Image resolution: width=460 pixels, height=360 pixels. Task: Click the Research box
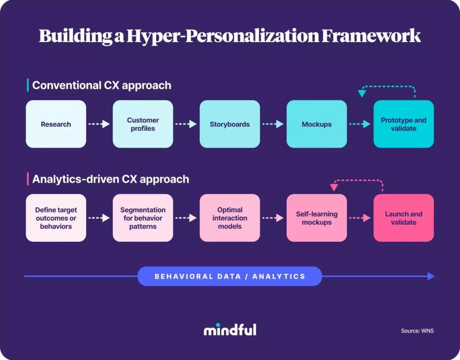pos(56,124)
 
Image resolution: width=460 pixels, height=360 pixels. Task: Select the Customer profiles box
pos(143,124)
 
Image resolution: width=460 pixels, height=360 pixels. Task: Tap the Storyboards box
pos(230,124)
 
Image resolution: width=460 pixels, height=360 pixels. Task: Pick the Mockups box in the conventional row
pos(317,124)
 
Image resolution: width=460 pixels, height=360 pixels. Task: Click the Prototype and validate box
pos(404,124)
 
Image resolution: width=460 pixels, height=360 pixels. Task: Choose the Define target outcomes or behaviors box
pos(56,218)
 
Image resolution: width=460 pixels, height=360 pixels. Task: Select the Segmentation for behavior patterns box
pos(143,218)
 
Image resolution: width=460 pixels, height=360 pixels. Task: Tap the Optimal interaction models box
pos(230,218)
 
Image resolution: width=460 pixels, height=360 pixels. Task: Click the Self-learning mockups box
pos(317,218)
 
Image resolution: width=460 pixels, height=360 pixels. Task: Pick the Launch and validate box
pos(404,218)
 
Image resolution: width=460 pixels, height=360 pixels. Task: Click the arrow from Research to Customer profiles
pos(99,124)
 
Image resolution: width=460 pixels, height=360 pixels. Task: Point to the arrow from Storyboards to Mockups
pos(273,124)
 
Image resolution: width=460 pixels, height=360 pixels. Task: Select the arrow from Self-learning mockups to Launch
pos(360,218)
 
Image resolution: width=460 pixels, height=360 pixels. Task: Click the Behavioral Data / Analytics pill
pos(230,276)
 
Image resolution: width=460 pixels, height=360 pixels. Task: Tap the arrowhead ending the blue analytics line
pos(431,276)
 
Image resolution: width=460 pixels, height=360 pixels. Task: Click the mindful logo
pos(230,329)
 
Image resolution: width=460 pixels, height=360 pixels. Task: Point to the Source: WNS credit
pos(417,331)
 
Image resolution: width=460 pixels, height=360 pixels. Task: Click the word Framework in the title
pos(371,36)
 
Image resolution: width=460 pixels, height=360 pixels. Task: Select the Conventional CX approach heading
pos(102,85)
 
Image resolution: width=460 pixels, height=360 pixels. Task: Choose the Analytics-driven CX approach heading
pos(110,179)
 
